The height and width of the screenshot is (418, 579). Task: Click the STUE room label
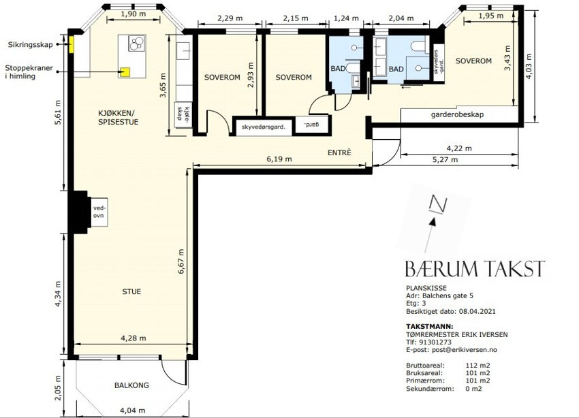(131, 291)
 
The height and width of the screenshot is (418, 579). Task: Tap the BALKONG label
(131, 385)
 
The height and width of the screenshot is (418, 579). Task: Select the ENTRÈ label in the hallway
(339, 152)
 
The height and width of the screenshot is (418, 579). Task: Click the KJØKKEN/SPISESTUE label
(118, 117)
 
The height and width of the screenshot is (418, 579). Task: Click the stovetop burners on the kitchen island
(136, 43)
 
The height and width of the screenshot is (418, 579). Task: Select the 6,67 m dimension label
(181, 261)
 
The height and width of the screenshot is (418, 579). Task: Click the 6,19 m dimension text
(279, 159)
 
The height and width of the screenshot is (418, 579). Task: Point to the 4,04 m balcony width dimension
(133, 410)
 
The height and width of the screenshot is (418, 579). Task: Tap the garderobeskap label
(457, 114)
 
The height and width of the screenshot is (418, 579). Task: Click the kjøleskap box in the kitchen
(183, 115)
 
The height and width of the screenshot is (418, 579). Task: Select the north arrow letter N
(438, 204)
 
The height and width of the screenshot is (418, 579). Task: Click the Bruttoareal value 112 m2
(478, 366)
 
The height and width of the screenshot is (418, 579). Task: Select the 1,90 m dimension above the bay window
(134, 14)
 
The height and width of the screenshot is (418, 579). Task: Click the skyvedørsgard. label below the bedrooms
(264, 127)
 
